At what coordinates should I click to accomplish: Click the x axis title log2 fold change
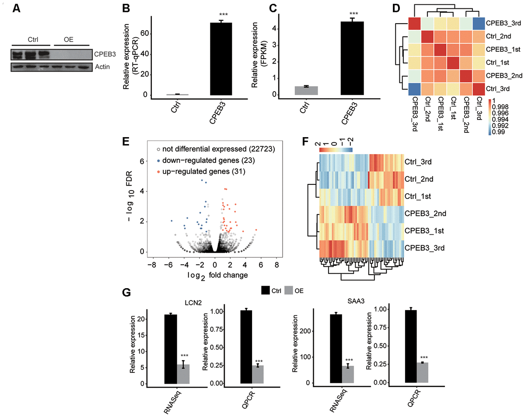(214, 275)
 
